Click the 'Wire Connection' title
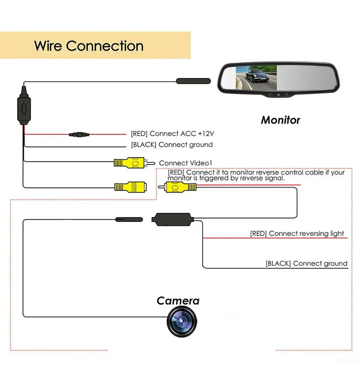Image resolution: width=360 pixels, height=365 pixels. coord(89,46)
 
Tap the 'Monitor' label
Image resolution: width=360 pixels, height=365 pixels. coord(280,120)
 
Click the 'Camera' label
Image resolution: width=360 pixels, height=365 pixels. coord(178,301)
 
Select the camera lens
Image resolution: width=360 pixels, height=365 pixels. coord(182,322)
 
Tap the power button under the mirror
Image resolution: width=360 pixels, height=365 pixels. coord(279,95)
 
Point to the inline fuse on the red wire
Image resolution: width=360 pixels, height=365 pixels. coord(79,134)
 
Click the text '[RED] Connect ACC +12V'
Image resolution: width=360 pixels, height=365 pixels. coord(172,134)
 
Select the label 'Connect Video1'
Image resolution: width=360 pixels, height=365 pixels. coord(185,163)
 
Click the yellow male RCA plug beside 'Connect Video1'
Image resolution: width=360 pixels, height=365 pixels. coord(134,162)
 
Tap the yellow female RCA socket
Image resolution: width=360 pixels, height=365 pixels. coord(130,187)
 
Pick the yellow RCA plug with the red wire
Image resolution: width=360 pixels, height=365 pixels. coord(177,187)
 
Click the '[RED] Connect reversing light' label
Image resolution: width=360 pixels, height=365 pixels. coord(297,233)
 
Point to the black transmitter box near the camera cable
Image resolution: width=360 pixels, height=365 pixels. coord(173,219)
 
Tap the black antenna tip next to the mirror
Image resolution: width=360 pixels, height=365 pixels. coord(193,81)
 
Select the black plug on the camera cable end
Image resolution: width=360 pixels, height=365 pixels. coord(129,219)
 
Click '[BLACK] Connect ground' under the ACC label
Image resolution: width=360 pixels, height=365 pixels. coord(172,145)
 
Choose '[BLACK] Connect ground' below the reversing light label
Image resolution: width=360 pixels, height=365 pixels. coord(306,263)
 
